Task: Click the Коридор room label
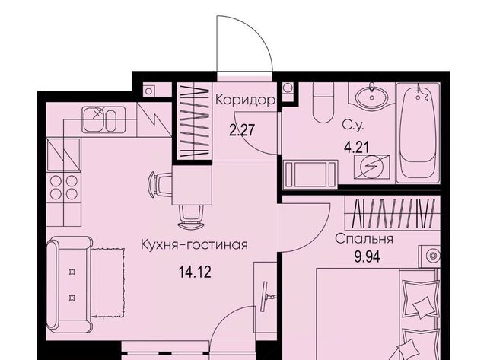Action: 243,100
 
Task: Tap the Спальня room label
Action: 363,238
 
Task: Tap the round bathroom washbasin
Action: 373,99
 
